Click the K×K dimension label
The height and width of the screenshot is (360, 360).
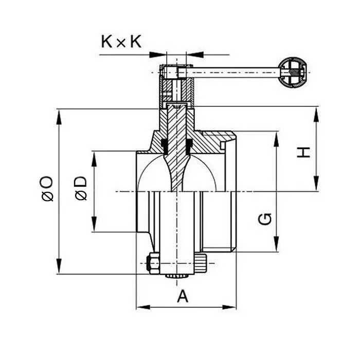coord(121,42)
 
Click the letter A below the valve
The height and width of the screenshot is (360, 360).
coord(183,296)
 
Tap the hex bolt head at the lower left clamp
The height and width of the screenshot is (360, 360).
coord(153,264)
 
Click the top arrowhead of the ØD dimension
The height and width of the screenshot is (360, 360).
coord(94,156)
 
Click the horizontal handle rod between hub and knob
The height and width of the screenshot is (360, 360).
coord(234,72)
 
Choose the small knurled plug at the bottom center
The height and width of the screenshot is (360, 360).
coord(176,277)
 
